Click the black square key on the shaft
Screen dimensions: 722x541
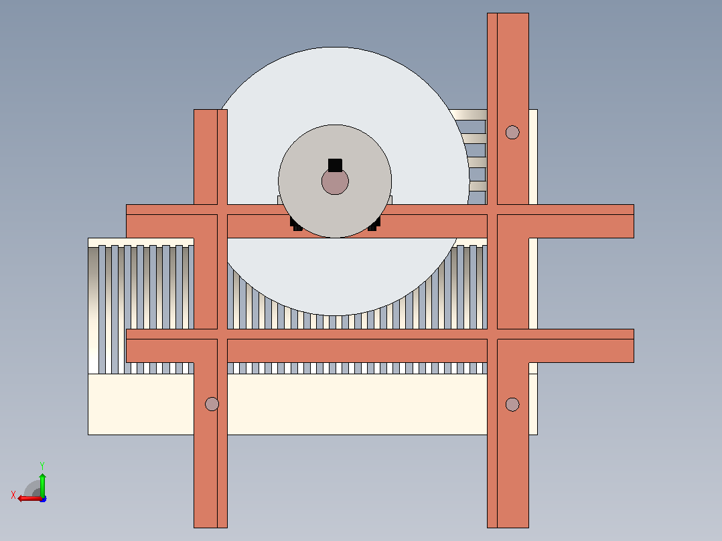[335, 165]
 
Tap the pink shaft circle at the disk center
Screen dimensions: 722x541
[335, 181]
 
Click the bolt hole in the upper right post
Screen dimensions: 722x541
[512, 133]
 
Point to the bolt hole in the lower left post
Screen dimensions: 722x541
[212, 404]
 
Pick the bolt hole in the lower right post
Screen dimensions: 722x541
[512, 404]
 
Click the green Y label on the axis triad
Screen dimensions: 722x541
[42, 465]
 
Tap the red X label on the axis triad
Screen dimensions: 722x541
[13, 495]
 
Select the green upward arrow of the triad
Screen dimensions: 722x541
[42, 485]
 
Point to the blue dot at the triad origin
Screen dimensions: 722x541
[43, 499]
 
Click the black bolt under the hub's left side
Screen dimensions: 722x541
[296, 224]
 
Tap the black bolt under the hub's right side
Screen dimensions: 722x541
[374, 224]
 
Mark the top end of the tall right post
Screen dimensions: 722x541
[508, 13]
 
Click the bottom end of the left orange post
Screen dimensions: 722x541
[210, 527]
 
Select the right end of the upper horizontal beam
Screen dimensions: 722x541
[634, 222]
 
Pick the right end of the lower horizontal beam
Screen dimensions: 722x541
[634, 345]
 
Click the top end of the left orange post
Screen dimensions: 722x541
[210, 110]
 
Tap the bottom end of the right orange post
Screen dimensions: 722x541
[508, 527]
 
